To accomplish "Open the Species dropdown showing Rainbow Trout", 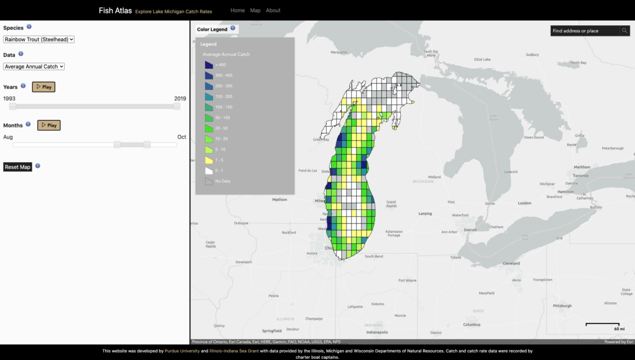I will [x=39, y=39].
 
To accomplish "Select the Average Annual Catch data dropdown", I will [x=33, y=66].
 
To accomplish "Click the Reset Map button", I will [x=17, y=167].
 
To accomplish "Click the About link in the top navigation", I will [x=273, y=10].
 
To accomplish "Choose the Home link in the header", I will [x=237, y=10].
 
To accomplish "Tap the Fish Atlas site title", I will [x=115, y=10].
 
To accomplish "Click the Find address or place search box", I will [x=584, y=31].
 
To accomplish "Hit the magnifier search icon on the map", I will [x=625, y=31].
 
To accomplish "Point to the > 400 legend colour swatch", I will [x=208, y=65].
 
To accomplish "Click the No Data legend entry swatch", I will [x=208, y=181].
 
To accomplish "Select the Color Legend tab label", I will [x=212, y=29].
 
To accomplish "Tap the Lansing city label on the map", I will [x=425, y=213].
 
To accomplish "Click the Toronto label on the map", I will [x=580, y=175].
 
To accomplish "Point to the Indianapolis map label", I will [x=376, y=332].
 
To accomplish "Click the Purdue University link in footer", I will [x=183, y=351].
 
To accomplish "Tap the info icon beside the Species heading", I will [x=29, y=27].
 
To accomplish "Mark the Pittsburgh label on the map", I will [x=562, y=306].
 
